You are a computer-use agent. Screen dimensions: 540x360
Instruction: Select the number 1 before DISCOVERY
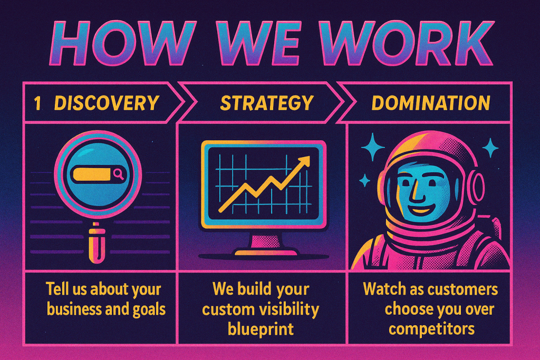click(x=37, y=103)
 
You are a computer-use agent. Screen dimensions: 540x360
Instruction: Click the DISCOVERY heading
click(x=107, y=103)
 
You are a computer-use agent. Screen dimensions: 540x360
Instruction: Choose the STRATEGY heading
click(x=266, y=103)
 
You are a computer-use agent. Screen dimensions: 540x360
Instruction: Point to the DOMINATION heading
click(x=430, y=103)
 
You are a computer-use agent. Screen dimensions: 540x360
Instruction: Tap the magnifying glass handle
click(x=97, y=242)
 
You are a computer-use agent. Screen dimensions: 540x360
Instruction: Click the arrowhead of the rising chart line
click(x=303, y=162)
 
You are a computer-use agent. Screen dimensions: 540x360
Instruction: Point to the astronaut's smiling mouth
click(x=422, y=209)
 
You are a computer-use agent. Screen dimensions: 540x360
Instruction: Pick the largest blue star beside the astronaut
click(x=373, y=147)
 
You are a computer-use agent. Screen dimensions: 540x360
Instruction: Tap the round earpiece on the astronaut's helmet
click(x=476, y=187)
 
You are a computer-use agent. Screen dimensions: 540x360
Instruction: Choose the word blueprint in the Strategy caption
click(x=261, y=329)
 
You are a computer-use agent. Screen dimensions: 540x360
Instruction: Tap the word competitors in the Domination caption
click(x=431, y=329)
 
